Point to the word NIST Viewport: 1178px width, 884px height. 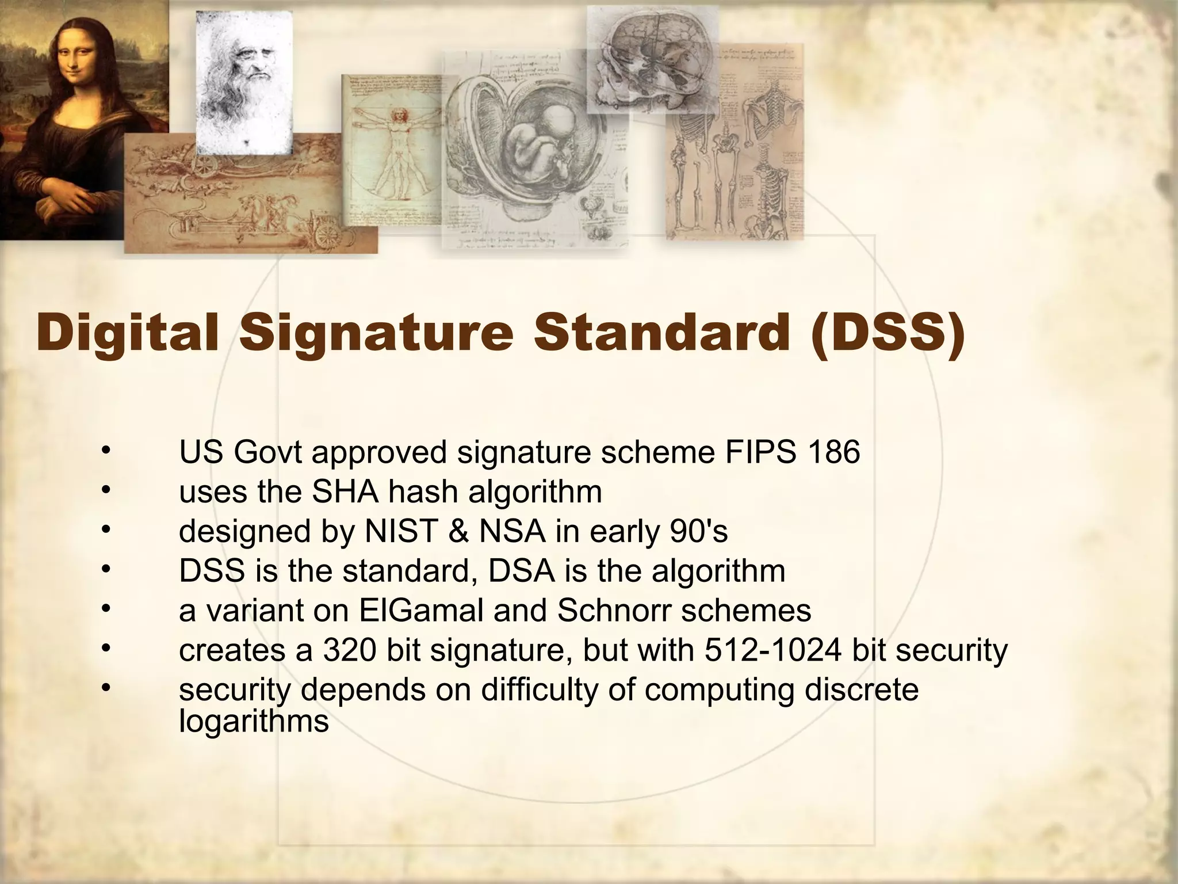point(401,531)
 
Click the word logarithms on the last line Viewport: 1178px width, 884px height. point(254,721)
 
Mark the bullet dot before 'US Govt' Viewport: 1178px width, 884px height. point(105,451)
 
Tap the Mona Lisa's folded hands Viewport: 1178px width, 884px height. point(69,199)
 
